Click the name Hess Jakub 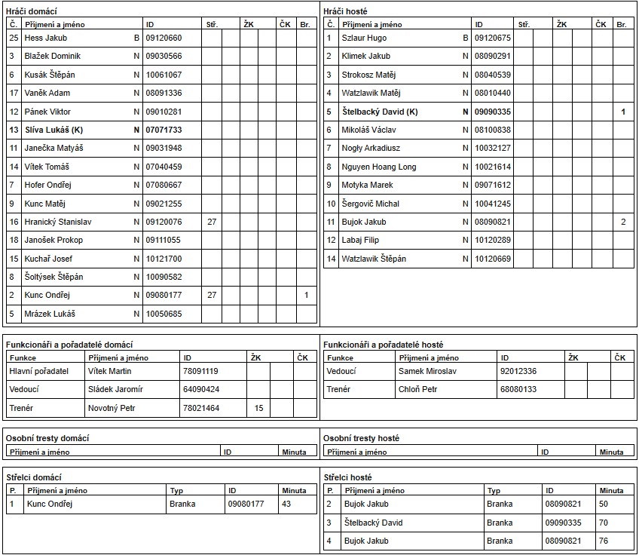[x=45, y=38]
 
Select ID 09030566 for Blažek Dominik [x=164, y=56]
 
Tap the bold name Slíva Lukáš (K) [x=54, y=130]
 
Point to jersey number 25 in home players [x=14, y=38]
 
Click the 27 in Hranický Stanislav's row [x=212, y=222]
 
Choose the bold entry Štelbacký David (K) [x=380, y=112]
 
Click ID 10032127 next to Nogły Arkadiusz [x=492, y=149]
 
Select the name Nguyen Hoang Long [x=379, y=167]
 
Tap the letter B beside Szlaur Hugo [x=466, y=38]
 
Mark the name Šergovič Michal [x=371, y=204]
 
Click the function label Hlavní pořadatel [x=38, y=371]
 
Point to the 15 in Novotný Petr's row [x=259, y=408]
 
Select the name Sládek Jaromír [x=115, y=389]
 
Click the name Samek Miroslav [x=427, y=371]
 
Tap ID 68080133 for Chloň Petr [x=518, y=389]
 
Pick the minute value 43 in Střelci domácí [x=286, y=504]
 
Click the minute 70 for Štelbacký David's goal [x=604, y=523]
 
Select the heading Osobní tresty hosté [x=361, y=438]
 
